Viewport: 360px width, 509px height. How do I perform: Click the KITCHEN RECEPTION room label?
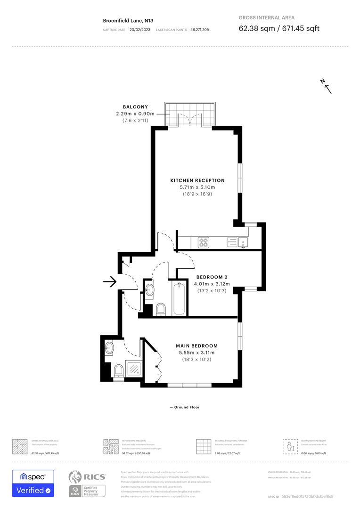(x=197, y=181)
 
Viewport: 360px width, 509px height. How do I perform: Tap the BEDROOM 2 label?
(x=212, y=277)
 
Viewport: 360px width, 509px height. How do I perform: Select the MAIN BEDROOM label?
(x=197, y=346)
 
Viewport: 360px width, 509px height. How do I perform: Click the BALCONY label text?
(x=135, y=107)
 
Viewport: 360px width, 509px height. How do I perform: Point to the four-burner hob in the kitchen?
(x=204, y=242)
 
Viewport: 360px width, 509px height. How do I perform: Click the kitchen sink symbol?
(x=243, y=242)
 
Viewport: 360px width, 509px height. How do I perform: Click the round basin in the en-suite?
(x=110, y=348)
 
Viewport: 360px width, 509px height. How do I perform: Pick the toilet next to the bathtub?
(x=161, y=310)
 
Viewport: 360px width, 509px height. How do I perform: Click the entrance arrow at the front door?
(x=110, y=282)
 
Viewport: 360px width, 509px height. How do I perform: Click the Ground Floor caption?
(x=185, y=407)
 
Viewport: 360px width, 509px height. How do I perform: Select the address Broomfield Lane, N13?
(x=128, y=21)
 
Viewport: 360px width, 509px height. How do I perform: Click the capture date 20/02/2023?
(x=140, y=30)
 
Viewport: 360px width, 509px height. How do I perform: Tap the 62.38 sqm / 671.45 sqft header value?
(x=279, y=28)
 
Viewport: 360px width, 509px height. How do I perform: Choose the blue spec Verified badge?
(x=33, y=483)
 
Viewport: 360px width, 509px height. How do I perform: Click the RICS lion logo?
(x=76, y=477)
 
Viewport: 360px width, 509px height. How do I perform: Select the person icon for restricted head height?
(x=290, y=445)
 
